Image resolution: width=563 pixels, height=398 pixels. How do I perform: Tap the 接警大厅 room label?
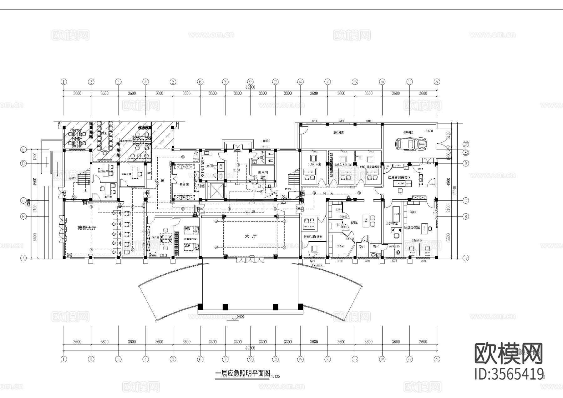click(x=87, y=228)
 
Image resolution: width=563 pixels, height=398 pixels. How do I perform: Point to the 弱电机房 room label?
click(x=338, y=133)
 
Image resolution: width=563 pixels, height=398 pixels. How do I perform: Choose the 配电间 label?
click(x=263, y=172)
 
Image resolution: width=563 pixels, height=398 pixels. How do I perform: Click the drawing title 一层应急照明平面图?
click(x=242, y=373)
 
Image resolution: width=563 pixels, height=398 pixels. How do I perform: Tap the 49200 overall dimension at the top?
click(x=251, y=88)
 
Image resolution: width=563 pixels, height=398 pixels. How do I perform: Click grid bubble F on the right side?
click(x=466, y=144)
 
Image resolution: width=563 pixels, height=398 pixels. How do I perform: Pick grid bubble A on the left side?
click(x=23, y=258)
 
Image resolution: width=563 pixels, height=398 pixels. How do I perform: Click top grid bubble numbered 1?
click(x=64, y=82)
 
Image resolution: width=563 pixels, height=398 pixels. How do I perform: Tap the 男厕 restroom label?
click(x=209, y=166)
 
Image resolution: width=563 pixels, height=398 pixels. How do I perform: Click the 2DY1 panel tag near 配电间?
click(x=263, y=177)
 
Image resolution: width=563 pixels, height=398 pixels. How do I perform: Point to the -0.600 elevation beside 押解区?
click(x=428, y=131)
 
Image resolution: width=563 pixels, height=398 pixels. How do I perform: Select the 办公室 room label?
click(x=155, y=237)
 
